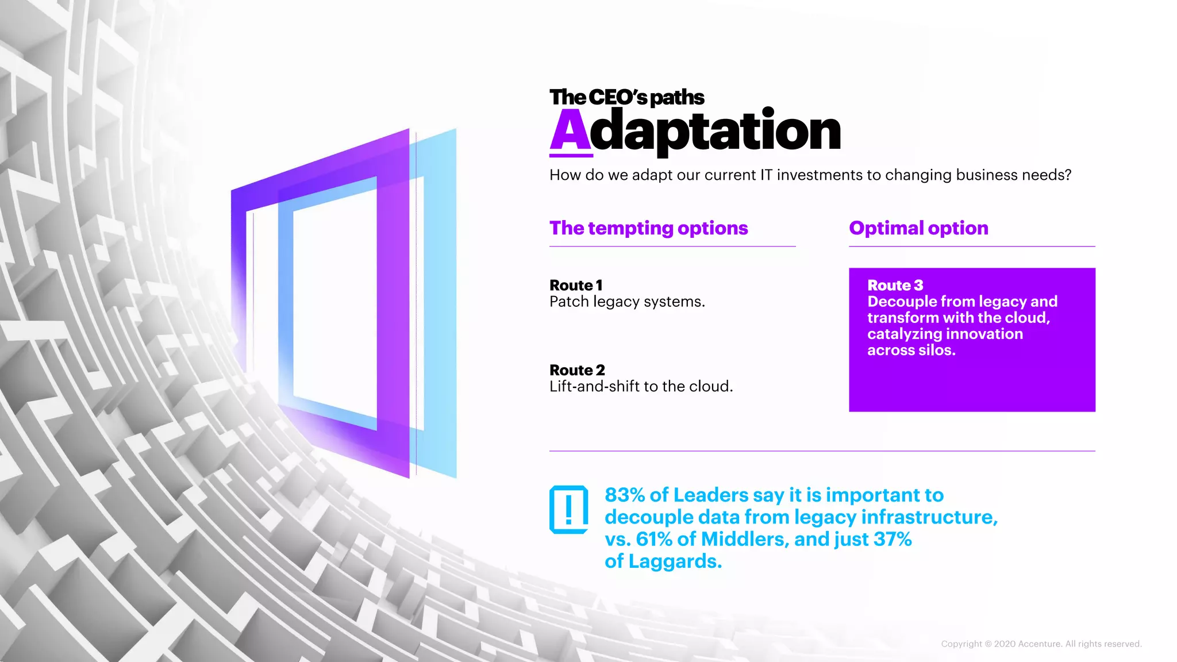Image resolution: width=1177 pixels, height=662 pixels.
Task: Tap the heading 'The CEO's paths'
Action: [626, 97]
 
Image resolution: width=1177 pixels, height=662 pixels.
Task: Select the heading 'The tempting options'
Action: [648, 228]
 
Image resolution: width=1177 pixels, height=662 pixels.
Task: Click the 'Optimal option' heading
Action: [918, 228]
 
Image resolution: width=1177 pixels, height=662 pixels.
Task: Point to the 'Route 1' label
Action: [576, 285]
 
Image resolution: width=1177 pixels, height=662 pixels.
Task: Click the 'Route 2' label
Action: [577, 370]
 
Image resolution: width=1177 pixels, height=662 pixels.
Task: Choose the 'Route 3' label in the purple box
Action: [895, 285]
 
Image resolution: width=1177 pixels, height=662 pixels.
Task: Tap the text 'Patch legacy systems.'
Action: [627, 302]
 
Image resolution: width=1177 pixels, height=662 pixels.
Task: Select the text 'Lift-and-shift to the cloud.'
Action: [641, 386]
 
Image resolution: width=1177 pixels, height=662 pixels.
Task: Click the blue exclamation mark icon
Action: [568, 510]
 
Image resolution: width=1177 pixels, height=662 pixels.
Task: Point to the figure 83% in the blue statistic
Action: [625, 495]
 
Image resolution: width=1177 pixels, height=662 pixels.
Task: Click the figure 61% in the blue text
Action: [654, 540]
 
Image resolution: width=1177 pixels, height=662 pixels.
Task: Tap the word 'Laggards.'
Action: [675, 561]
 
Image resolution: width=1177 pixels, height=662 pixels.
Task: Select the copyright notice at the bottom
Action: [1041, 644]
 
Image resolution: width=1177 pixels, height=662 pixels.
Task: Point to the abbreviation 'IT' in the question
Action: [766, 175]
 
